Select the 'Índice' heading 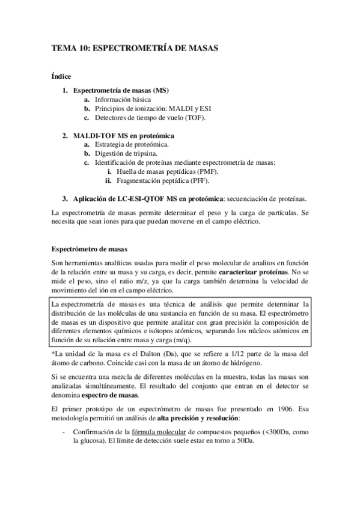click(61, 76)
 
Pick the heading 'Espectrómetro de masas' click(88, 248)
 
